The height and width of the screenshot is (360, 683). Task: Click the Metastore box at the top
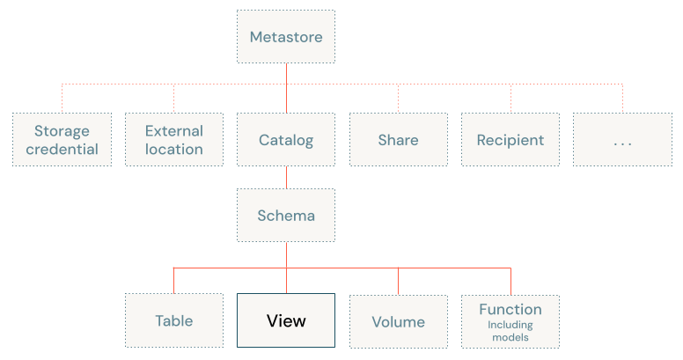pyautogui.click(x=286, y=37)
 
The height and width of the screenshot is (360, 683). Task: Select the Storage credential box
pyautogui.click(x=62, y=140)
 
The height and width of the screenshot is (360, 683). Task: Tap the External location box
pyautogui.click(x=173, y=140)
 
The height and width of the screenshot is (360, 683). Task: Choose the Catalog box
pyautogui.click(x=286, y=140)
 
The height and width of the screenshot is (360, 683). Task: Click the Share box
pyautogui.click(x=398, y=140)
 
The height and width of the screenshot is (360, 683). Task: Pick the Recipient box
pyautogui.click(x=510, y=140)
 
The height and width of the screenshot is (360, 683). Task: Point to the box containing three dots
pyautogui.click(x=622, y=140)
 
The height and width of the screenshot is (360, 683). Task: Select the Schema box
pyautogui.click(x=286, y=216)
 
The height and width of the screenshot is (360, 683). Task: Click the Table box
pyautogui.click(x=173, y=320)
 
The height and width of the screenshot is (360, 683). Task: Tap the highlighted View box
pyautogui.click(x=286, y=320)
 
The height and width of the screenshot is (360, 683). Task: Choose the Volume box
pyautogui.click(x=398, y=320)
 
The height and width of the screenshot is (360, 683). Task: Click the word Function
pyautogui.click(x=510, y=309)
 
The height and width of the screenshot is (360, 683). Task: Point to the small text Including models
pyautogui.click(x=510, y=330)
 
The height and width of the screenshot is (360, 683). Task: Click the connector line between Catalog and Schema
pyautogui.click(x=286, y=178)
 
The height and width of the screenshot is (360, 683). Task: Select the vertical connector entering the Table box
pyautogui.click(x=173, y=280)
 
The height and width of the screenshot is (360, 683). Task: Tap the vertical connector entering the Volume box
pyautogui.click(x=399, y=280)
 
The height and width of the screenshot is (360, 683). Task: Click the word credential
pyautogui.click(x=62, y=150)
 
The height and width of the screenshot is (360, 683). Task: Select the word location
pyautogui.click(x=173, y=150)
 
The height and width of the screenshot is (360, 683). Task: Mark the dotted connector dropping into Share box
pyautogui.click(x=399, y=99)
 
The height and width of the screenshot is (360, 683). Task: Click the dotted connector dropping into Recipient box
pyautogui.click(x=510, y=99)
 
